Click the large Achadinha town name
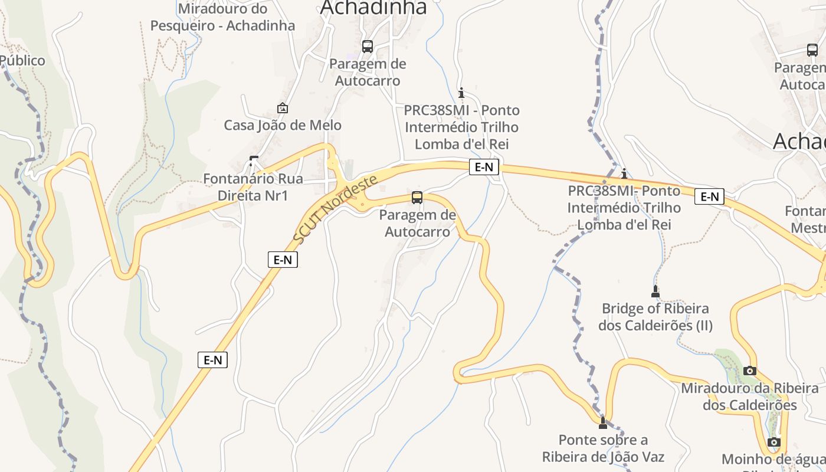[x=373, y=7]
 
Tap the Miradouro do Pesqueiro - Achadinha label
[x=222, y=18]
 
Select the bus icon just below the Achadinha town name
[x=368, y=46]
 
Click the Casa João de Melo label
[x=283, y=125]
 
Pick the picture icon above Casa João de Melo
[x=283, y=109]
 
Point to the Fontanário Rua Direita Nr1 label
[x=253, y=187]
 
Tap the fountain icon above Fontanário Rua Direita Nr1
[x=254, y=160]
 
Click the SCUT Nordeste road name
[x=335, y=210]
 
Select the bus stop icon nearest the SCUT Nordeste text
[x=417, y=198]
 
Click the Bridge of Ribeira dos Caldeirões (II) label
[x=655, y=317]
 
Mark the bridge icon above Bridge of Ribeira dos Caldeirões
[x=655, y=291]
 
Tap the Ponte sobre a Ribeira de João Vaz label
[x=603, y=448]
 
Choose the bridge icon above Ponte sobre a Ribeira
[x=602, y=422]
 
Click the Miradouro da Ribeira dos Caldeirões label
[x=750, y=396]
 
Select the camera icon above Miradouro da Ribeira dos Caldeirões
[x=750, y=371]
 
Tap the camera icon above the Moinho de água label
[x=774, y=442]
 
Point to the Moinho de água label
[x=773, y=460]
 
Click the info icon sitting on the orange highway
[x=624, y=174]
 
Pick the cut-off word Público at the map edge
[x=22, y=60]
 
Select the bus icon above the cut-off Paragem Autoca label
[x=812, y=50]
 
